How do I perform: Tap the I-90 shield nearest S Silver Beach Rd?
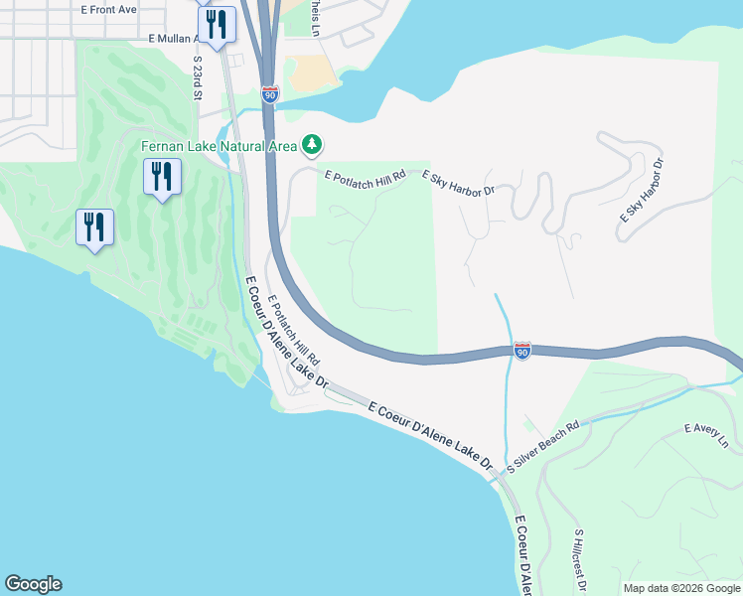point(522,350)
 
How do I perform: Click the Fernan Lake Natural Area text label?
point(219,146)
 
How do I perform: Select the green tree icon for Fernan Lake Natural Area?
point(313,145)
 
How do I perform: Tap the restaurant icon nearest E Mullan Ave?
point(217,25)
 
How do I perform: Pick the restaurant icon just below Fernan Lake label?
point(161,177)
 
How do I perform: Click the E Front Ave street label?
point(109,9)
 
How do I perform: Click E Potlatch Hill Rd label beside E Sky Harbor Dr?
point(367,175)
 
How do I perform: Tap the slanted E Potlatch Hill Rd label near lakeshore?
point(293,328)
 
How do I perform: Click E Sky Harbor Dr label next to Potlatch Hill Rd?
point(458,183)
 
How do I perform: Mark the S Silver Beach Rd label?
point(542,448)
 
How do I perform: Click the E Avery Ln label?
point(706,435)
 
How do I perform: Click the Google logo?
point(33,584)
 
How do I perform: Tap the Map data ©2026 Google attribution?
point(681,588)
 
